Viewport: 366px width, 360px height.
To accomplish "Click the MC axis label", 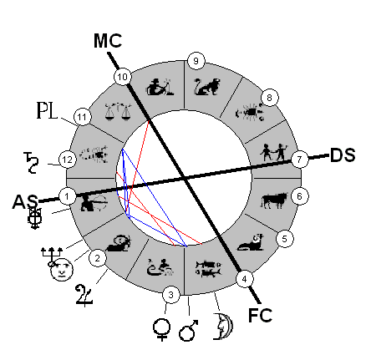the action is click(108, 41).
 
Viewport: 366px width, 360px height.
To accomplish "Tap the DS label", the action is click(343, 155).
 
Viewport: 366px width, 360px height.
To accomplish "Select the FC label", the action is click(260, 315).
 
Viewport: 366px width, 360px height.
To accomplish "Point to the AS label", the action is click(25, 201).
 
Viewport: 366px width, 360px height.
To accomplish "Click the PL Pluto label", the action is click(47, 110).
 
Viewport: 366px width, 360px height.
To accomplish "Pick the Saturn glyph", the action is click(31, 163).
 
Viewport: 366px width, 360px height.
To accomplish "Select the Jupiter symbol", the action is click(84, 295).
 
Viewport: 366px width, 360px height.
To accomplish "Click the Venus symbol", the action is click(161, 329).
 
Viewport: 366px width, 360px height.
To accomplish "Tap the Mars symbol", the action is click(188, 330).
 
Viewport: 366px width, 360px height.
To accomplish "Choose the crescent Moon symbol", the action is click(223, 327).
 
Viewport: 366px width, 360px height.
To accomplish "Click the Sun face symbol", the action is click(62, 270).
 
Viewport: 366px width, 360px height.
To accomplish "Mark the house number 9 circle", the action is click(196, 60).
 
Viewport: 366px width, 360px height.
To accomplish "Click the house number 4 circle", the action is click(244, 279).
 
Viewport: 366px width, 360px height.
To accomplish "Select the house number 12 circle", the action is click(68, 160).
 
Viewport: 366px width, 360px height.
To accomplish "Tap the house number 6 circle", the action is click(299, 196).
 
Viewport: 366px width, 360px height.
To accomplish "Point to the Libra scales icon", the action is click(118, 111).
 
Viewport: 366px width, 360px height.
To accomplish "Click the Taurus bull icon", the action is click(274, 200).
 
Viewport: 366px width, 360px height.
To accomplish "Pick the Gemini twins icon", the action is click(273, 152).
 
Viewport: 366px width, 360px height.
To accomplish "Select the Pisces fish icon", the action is click(208, 269).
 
